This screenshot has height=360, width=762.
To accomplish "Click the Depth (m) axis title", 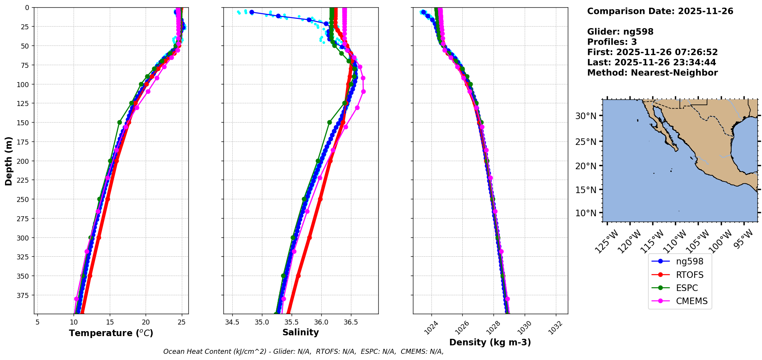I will click(8, 161).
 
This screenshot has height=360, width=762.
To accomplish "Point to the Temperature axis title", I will click(111, 333).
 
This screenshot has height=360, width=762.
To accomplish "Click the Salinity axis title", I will click(300, 332).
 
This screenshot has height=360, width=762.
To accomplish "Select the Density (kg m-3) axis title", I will click(490, 342).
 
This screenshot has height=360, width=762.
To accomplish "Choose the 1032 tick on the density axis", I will click(555, 328).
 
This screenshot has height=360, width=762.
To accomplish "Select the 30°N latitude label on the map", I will click(586, 116).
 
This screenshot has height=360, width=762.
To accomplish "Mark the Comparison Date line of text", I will click(660, 11).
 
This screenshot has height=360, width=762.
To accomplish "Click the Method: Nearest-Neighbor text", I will click(652, 73).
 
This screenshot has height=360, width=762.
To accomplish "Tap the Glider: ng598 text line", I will click(620, 32).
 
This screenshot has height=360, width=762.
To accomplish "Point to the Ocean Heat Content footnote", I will click(303, 352).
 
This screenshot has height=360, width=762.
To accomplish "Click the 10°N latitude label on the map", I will click(586, 213).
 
